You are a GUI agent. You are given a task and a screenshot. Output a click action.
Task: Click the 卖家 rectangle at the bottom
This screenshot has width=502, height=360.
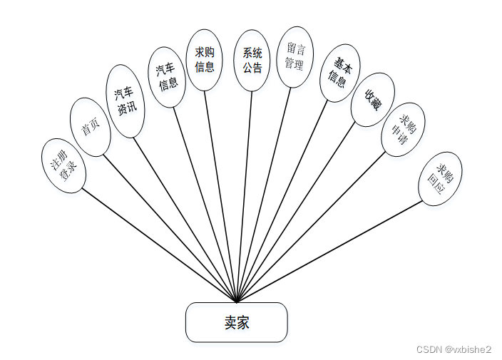[x=236, y=322]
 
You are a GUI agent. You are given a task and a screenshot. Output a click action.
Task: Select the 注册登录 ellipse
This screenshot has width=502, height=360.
[x=63, y=163]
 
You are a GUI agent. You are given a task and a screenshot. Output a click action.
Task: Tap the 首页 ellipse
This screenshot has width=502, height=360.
[x=91, y=128]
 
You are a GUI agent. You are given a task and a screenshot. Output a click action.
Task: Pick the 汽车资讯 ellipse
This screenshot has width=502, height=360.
[x=125, y=101]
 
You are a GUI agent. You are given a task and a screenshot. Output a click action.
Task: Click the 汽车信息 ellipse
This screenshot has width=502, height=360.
[x=168, y=77]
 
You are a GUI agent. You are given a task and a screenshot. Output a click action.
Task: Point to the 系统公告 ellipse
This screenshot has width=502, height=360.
[x=252, y=61]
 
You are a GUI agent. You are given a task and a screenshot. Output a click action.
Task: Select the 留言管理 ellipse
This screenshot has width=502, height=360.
[x=294, y=57]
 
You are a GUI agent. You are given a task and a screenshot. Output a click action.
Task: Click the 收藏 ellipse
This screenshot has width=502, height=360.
[x=372, y=100]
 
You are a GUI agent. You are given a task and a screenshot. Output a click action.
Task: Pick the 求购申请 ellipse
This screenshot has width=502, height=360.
[x=403, y=129]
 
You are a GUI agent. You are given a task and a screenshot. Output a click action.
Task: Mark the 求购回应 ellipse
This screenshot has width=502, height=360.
[x=440, y=179]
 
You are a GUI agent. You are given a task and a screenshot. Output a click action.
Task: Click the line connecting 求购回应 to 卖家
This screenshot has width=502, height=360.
[x=329, y=251]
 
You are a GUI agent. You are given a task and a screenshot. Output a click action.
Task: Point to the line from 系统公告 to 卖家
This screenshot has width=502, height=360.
[x=244, y=196]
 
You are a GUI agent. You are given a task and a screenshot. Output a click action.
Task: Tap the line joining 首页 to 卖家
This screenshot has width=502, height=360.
[x=170, y=228]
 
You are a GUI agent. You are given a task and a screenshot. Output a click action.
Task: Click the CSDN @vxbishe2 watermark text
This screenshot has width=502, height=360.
[x=454, y=349]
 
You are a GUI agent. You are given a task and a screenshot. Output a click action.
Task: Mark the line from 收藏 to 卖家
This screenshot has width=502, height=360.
[x=295, y=212]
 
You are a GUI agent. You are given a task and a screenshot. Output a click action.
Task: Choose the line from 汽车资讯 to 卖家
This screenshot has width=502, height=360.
[x=185, y=219]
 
